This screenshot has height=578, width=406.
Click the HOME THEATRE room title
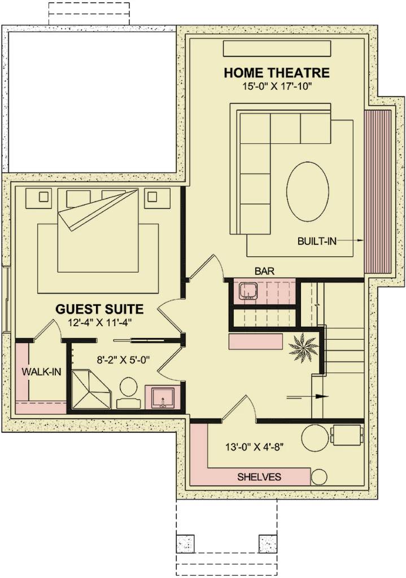[x=277, y=73]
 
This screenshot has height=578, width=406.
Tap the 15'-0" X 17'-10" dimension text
[x=277, y=86]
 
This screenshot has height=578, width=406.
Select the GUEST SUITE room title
[x=99, y=309]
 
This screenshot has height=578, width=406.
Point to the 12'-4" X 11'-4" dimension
[x=99, y=323]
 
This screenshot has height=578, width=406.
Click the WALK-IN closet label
[x=41, y=371]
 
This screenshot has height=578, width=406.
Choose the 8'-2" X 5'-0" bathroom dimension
[x=123, y=360]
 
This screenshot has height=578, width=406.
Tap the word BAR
[x=264, y=272]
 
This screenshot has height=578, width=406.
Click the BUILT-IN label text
[x=317, y=242]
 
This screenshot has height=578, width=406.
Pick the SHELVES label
[x=259, y=477]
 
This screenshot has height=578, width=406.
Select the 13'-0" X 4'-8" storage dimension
[x=255, y=447]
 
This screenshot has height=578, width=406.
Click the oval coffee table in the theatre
[x=308, y=191]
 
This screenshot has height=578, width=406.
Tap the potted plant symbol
[x=303, y=348]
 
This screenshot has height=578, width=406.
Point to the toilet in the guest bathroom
[x=128, y=393]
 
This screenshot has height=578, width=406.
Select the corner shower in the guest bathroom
[x=91, y=390]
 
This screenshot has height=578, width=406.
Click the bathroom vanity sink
[x=162, y=397]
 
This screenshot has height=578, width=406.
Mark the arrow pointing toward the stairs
[x=308, y=397]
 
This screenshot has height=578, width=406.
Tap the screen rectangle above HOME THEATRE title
[x=277, y=49]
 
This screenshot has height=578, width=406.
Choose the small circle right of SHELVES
[x=319, y=477]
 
